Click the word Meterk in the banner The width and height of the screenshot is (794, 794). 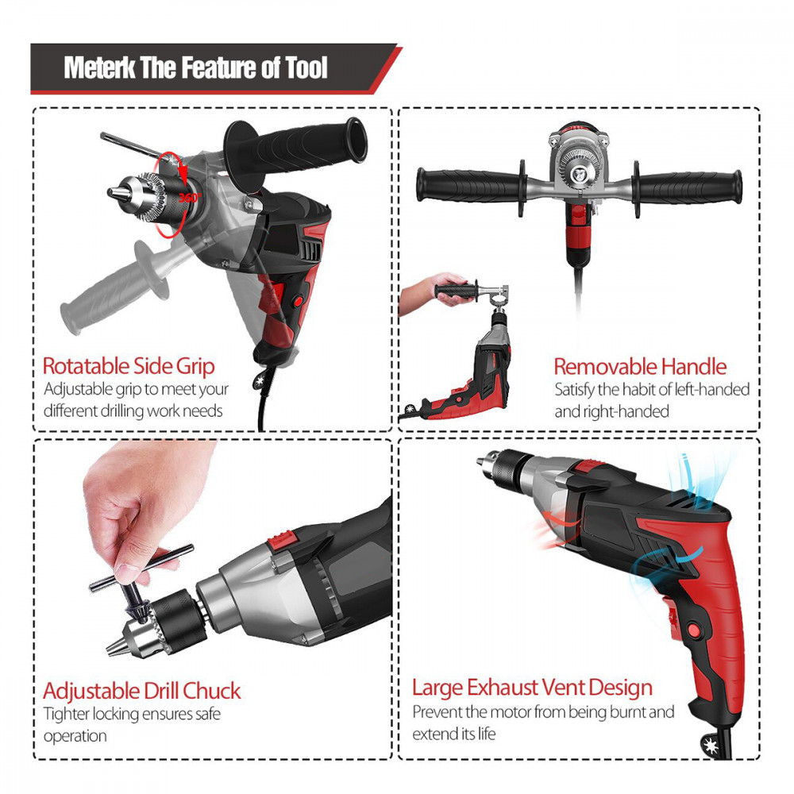pos(99,67)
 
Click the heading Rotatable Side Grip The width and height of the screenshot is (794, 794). pos(129,366)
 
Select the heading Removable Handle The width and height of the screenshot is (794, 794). pos(640,367)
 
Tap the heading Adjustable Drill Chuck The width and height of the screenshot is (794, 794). pos(142,691)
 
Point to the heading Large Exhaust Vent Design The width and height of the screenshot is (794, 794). pos(532,688)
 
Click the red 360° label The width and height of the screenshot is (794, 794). pos(190,198)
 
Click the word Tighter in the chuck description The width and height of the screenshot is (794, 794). pos(67,715)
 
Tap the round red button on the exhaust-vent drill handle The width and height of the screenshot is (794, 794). pos(695,630)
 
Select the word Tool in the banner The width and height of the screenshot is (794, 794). pos(306,67)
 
